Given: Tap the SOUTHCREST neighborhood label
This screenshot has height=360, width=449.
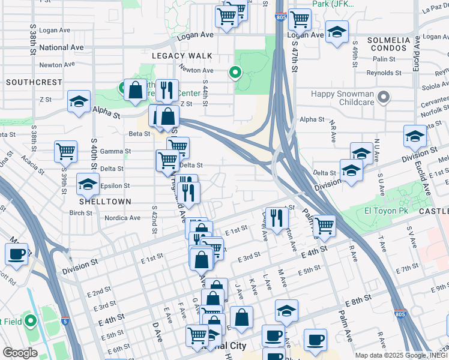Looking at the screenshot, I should click(x=34, y=82).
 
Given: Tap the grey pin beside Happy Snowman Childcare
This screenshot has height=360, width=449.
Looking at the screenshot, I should click(x=385, y=97).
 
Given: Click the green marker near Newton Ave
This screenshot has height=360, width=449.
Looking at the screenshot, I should click(x=235, y=74).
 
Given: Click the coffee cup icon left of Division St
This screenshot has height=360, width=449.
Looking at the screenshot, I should click(x=16, y=253).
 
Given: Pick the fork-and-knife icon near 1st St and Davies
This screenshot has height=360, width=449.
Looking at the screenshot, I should click(x=276, y=217).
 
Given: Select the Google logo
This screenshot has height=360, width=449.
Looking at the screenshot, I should click(x=19, y=352).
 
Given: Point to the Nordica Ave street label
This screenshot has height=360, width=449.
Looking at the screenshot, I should click(x=122, y=218).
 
